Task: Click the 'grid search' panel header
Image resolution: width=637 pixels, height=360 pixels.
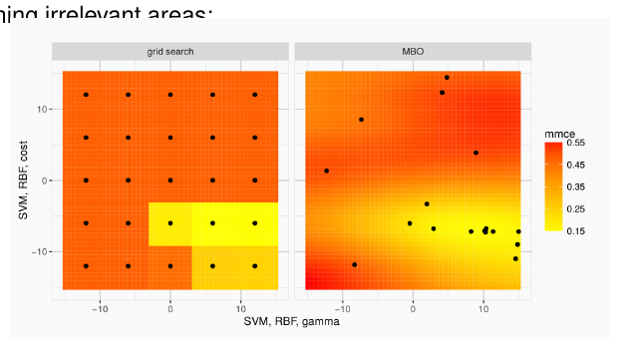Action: pos(170,50)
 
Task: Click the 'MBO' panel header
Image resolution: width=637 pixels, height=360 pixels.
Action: pos(413,50)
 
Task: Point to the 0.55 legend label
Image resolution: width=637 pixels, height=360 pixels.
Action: pos(576,144)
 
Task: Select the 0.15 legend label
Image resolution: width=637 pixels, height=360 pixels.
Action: pos(576,230)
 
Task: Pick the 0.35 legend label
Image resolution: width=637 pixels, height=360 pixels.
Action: pos(576,186)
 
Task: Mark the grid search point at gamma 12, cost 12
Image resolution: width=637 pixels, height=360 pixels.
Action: pos(255,95)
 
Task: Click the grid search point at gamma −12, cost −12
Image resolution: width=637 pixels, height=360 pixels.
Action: pos(86,266)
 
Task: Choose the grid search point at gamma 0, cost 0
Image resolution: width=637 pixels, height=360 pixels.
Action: pos(170,180)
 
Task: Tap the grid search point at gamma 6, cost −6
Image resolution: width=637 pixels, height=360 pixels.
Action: pos(212,223)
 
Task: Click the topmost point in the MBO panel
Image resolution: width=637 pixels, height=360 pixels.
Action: pos(447,77)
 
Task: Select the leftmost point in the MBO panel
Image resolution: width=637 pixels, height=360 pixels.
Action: pos(326,171)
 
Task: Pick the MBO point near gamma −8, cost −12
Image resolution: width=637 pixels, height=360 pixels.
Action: pos(355,264)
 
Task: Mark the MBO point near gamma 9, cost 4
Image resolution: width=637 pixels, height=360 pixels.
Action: pos(476,153)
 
